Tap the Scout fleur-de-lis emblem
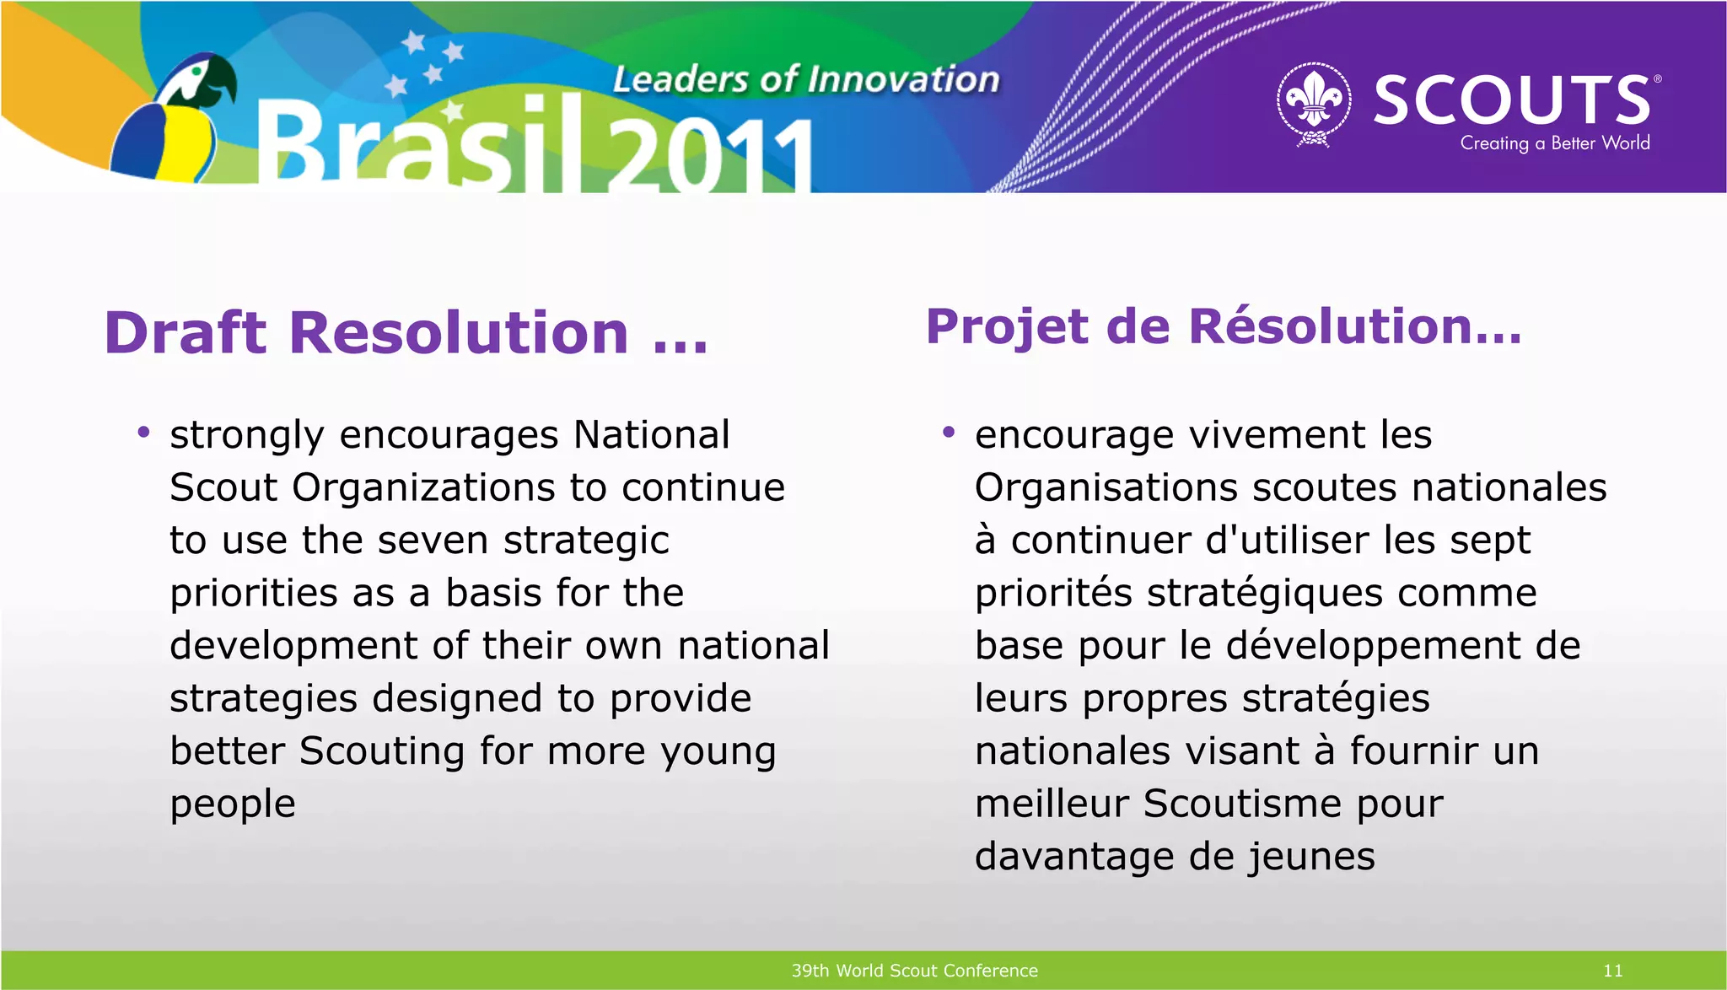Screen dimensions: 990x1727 (x=1314, y=103)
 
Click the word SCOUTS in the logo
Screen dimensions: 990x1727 (x=1512, y=100)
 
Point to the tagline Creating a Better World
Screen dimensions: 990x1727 (x=1554, y=143)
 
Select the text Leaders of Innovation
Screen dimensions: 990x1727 (x=805, y=79)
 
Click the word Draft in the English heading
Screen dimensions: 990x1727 (x=186, y=332)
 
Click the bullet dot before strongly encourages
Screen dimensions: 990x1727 (x=143, y=433)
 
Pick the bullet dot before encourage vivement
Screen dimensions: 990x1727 (x=949, y=433)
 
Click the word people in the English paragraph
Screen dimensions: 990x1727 (x=233, y=804)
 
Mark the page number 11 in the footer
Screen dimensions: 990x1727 (x=1612, y=971)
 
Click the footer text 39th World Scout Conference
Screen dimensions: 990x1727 (x=914, y=971)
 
